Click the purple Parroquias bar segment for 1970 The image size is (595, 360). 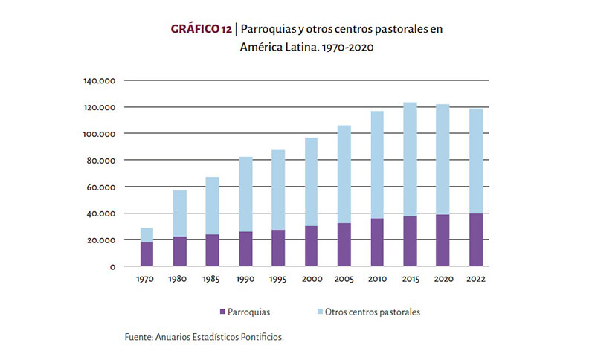(147, 254)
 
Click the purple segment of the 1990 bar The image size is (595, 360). (245, 248)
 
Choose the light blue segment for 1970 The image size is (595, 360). (147, 234)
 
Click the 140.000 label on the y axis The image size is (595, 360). (100, 80)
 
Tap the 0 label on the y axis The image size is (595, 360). (112, 266)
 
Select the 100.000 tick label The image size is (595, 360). (100, 134)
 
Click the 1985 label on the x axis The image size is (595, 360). (213, 280)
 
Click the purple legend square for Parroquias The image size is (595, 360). (223, 312)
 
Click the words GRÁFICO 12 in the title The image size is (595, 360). (199, 29)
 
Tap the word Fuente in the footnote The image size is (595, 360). (138, 337)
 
